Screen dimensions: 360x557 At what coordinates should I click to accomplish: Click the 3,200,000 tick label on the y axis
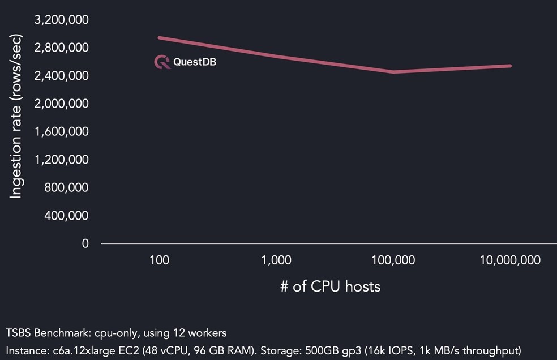[x=61, y=20]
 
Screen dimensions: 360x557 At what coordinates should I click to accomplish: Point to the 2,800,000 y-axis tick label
[x=61, y=48]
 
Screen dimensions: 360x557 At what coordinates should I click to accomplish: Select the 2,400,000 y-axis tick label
[x=61, y=76]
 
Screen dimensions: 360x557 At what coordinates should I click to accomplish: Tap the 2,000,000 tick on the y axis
[x=61, y=104]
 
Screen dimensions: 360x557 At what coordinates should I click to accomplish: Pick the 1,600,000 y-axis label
[x=61, y=132]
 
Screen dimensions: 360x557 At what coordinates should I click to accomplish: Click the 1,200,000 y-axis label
[x=61, y=160]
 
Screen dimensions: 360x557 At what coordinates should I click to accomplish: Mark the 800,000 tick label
[x=67, y=188]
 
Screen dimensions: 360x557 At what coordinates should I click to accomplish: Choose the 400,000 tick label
[x=67, y=216]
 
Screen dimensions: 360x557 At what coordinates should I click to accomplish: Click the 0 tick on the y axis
[x=85, y=244]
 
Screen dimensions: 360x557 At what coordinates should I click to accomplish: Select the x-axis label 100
[x=160, y=260]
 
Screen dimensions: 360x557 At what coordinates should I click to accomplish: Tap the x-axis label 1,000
[x=277, y=260]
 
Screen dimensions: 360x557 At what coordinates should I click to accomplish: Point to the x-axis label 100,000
[x=393, y=260]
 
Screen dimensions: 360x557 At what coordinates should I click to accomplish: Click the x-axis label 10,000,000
[x=510, y=260]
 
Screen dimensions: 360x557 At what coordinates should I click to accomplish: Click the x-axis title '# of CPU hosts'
[x=331, y=286]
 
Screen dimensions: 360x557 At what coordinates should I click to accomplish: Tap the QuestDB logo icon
[x=162, y=62]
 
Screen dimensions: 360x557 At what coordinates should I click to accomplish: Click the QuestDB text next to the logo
[x=195, y=62]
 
